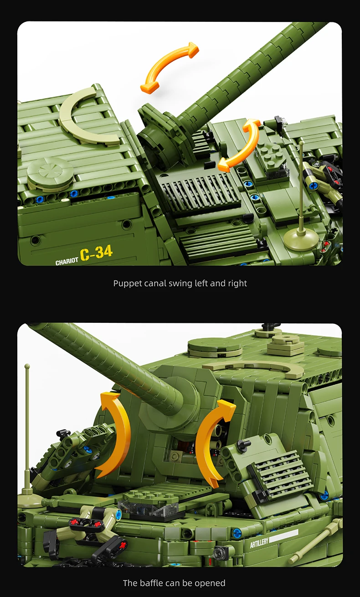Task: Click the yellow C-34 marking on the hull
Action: (96, 253)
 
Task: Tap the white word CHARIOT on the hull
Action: (67, 261)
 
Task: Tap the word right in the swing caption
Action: (237, 283)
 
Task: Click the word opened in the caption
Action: (210, 583)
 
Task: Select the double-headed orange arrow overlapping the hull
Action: (240, 145)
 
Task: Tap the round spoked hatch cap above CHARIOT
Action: (50, 174)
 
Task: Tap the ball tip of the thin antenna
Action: (27, 366)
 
